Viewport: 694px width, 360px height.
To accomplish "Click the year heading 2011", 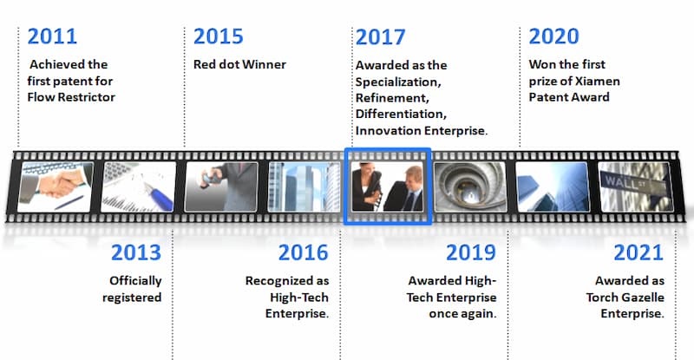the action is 52,36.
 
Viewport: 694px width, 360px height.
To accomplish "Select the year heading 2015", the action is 219,36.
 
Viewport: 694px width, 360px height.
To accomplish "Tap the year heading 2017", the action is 380,37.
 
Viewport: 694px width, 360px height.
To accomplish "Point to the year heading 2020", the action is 553,36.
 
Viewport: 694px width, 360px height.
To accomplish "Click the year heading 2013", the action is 136,252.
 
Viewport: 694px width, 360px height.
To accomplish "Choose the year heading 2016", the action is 303,252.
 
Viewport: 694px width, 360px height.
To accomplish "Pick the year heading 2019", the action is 471,252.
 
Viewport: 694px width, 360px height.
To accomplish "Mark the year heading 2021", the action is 638,252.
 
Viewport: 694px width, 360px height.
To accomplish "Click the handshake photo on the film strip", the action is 56,187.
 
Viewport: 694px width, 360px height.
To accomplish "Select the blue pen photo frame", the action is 139,187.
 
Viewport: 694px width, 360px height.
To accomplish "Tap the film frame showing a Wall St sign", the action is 635,187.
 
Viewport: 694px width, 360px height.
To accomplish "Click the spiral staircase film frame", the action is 470,187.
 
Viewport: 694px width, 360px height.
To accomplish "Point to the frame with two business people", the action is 387,187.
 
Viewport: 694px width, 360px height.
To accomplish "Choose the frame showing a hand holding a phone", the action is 221,187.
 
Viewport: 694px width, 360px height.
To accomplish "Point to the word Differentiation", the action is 401,115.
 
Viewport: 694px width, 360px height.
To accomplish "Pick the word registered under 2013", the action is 132,298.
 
